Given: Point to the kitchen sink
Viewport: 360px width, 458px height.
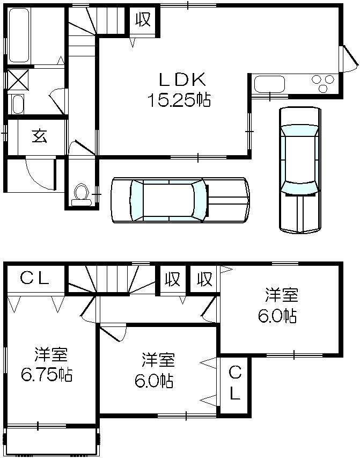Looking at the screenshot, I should pyautogui.click(x=270, y=85).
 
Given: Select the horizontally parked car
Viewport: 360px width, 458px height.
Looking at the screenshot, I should pyautogui.click(x=180, y=199).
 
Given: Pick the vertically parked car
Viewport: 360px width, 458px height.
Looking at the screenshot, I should pyautogui.click(x=299, y=169).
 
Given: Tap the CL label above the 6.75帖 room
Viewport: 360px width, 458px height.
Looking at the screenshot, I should pyautogui.click(x=35, y=278).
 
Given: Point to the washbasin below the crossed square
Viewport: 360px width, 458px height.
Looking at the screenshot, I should pyautogui.click(x=18, y=104).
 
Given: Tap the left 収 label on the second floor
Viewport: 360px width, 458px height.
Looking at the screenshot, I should pyautogui.click(x=172, y=279).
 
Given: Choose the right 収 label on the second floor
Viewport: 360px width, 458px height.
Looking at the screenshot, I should pyautogui.click(x=204, y=279).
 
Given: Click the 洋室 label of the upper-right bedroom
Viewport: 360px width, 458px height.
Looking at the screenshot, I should pyautogui.click(x=281, y=295).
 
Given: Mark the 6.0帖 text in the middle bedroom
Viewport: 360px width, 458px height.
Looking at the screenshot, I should pyautogui.click(x=153, y=381).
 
